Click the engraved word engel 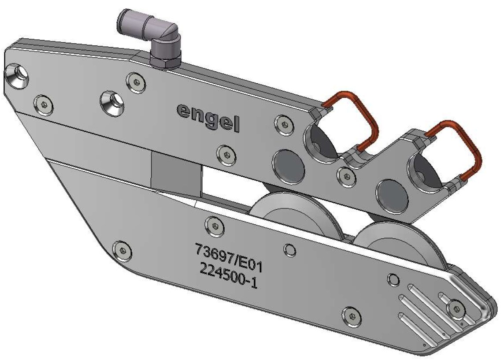(x=208, y=117)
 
